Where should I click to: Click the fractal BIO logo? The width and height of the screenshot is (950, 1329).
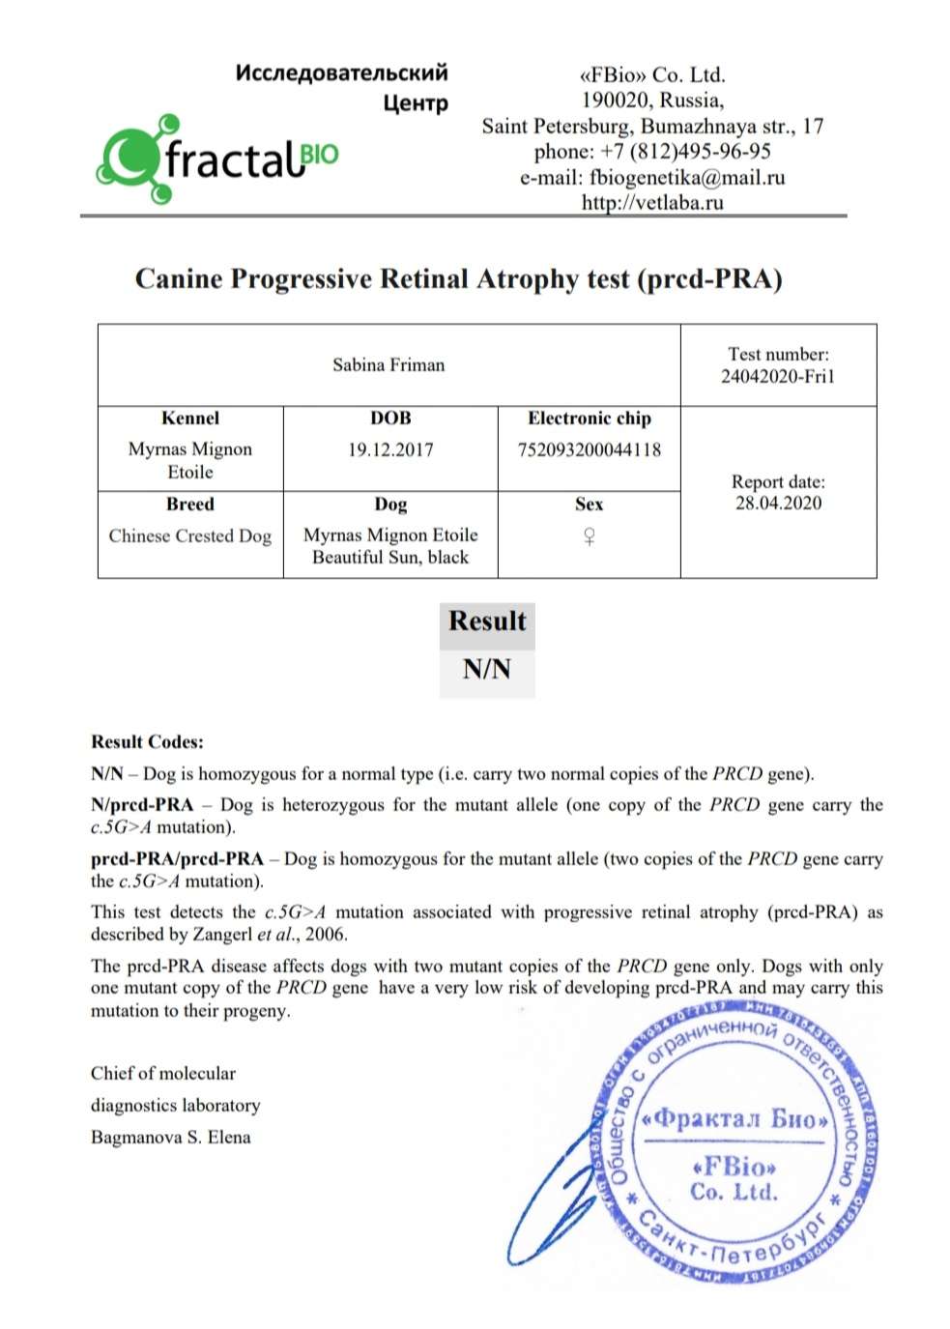tap(217, 159)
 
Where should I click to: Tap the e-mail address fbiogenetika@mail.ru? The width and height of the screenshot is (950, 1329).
tap(687, 178)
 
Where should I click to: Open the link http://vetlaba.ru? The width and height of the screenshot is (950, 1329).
tap(652, 203)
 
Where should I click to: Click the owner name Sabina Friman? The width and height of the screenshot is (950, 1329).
tap(389, 365)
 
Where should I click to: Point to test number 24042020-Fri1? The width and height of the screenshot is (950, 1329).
tap(777, 377)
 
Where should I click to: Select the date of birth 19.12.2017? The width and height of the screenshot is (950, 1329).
tap(390, 449)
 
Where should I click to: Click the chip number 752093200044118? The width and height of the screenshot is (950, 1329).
tap(590, 449)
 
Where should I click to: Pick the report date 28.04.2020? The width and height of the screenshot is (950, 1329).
tap(778, 504)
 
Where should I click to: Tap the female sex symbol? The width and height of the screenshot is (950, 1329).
tap(589, 536)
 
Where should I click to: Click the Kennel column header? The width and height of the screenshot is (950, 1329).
tap(190, 419)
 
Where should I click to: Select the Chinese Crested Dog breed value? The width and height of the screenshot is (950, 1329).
tap(190, 536)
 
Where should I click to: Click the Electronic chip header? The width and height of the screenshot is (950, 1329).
tap(590, 419)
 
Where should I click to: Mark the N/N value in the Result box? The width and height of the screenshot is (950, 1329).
tap(486, 669)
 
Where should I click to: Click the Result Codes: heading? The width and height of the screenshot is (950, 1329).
tap(147, 742)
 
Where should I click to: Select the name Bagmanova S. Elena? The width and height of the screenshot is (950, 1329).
tap(170, 1138)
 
